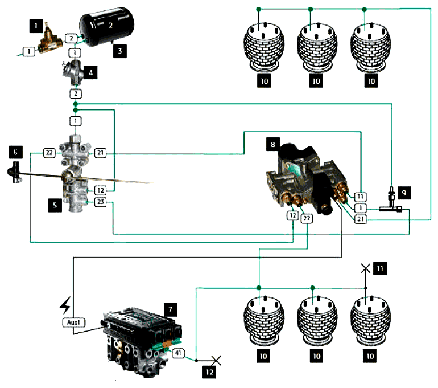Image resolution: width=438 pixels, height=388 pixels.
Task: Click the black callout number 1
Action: click(x=36, y=26)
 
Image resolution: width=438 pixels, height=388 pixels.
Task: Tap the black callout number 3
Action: click(x=120, y=51)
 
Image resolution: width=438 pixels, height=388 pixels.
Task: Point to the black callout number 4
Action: click(x=90, y=73)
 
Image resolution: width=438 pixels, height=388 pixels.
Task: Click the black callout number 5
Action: click(x=55, y=205)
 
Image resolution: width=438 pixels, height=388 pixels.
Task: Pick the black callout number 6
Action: click(x=16, y=152)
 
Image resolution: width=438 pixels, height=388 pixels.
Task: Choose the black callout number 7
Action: click(x=171, y=309)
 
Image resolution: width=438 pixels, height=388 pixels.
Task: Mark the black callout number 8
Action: click(x=272, y=144)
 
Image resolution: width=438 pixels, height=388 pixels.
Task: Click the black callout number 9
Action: click(x=404, y=193)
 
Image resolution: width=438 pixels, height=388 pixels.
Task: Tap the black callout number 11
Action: click(x=380, y=269)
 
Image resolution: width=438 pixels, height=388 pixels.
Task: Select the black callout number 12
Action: click(x=209, y=372)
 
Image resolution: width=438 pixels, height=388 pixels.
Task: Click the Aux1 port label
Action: click(x=74, y=322)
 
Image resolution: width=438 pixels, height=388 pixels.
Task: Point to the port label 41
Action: click(x=178, y=353)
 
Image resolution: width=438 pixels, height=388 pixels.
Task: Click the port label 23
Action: click(x=100, y=202)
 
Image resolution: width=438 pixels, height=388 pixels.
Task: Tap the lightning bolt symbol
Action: click(x=65, y=305)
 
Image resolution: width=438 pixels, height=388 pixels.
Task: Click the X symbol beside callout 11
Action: click(x=366, y=268)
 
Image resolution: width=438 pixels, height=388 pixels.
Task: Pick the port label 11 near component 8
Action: click(x=360, y=197)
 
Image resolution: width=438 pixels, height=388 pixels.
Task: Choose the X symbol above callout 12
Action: click(x=216, y=360)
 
